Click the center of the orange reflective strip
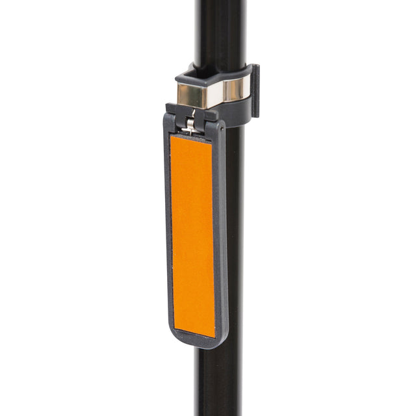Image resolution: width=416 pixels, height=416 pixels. (192, 235)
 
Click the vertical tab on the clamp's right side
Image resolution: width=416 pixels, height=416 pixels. (254, 91)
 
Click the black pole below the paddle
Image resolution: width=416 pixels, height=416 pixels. (218, 383)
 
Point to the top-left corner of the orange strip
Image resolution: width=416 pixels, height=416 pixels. (172, 136)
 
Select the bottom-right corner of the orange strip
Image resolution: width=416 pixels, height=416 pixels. (214, 335)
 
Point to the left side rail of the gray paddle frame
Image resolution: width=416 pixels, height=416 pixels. (167, 234)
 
